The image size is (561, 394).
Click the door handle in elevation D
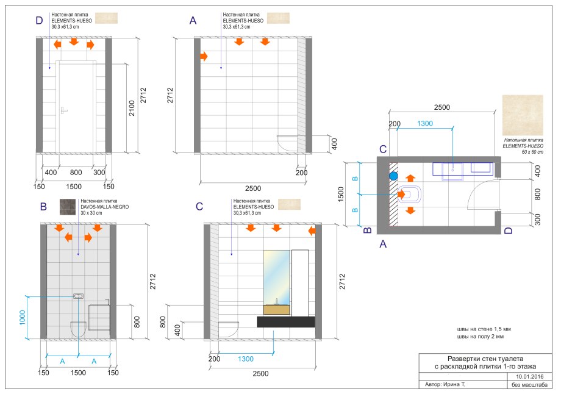(63, 110)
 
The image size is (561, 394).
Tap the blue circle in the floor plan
(393, 176)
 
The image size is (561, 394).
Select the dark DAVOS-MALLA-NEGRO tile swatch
(68, 207)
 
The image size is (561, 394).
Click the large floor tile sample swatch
(523, 115)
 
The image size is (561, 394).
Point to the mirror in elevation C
(277, 278)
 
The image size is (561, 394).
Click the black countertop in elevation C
(286, 321)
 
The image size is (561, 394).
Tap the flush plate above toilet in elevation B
(78, 296)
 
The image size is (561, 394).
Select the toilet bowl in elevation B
(78, 329)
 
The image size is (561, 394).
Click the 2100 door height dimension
(132, 108)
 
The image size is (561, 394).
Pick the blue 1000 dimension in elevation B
(23, 317)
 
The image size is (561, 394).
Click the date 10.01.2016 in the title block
(529, 376)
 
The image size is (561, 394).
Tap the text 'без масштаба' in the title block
(529, 385)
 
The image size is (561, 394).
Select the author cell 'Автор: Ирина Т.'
(445, 384)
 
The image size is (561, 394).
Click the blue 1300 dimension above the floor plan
(424, 123)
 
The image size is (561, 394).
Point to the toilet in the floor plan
(410, 195)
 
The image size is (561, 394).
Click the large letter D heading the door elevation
(40, 20)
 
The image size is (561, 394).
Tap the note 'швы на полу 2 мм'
(480, 337)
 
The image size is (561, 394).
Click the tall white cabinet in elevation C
(300, 283)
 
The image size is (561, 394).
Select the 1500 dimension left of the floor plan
(341, 195)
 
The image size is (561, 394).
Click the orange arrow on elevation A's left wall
(204, 56)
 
